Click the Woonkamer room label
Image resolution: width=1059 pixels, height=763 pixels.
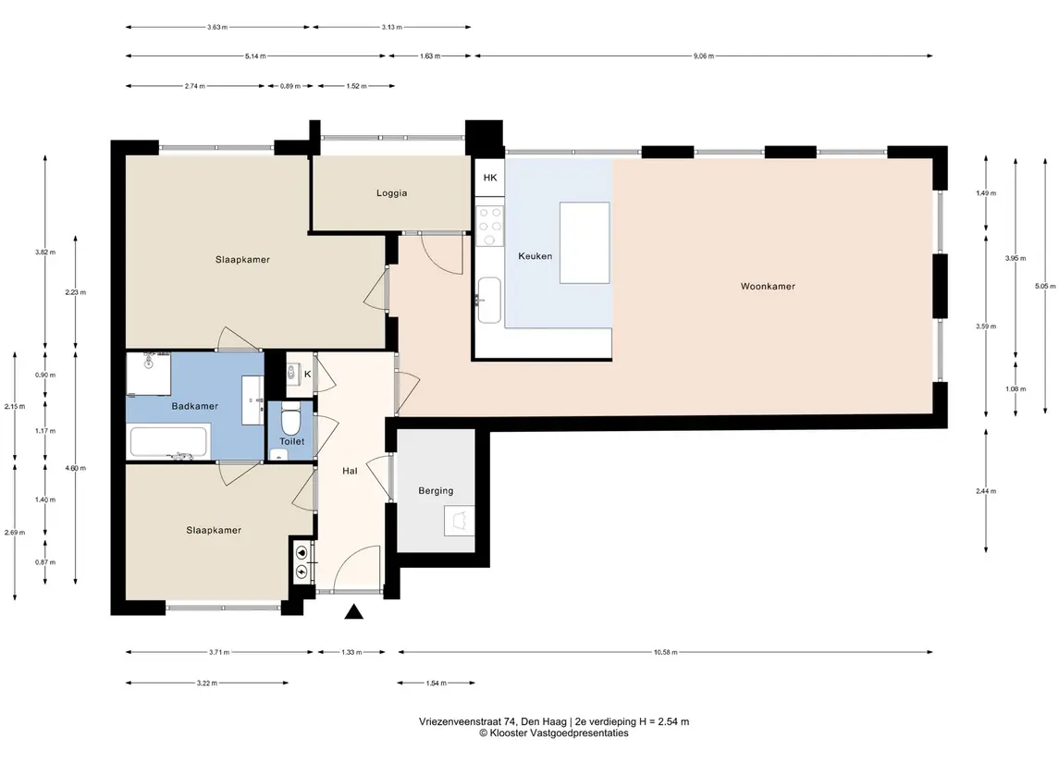click(x=768, y=287)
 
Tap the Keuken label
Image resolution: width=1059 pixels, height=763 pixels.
click(x=535, y=256)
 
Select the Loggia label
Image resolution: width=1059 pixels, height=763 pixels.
click(x=392, y=193)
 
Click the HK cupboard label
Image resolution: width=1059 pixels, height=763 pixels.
click(x=490, y=178)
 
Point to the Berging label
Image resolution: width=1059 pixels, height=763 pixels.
click(x=436, y=491)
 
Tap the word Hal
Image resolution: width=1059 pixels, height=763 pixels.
click(x=350, y=471)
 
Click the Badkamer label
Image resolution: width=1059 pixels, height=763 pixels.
click(x=194, y=406)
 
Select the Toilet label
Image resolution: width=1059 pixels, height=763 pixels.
click(x=291, y=441)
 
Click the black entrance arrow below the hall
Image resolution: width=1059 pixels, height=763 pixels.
click(x=354, y=611)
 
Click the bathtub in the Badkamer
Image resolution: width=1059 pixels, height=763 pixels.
click(x=169, y=442)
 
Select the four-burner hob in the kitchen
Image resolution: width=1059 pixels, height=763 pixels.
click(x=489, y=227)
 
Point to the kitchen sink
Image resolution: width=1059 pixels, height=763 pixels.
click(x=489, y=301)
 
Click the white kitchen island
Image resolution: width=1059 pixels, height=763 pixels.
click(x=585, y=243)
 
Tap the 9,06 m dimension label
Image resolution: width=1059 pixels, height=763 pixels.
click(x=704, y=56)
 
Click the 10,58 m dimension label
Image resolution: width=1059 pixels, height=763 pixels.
click(x=665, y=652)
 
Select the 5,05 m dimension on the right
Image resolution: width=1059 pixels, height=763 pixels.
click(x=1045, y=287)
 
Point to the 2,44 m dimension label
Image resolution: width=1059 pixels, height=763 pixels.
click(x=986, y=492)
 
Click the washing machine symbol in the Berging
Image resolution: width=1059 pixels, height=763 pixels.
click(x=460, y=521)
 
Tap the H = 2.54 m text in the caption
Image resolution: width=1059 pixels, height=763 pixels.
click(x=664, y=721)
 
